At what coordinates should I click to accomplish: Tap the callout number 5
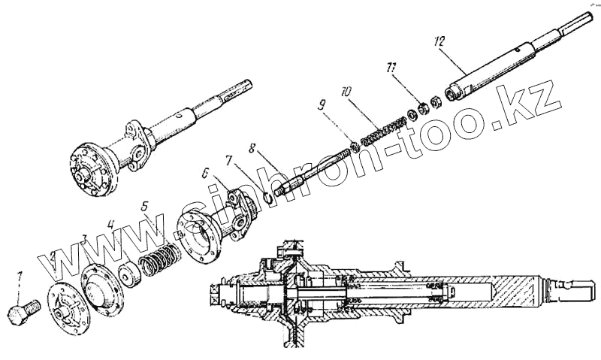(145, 204)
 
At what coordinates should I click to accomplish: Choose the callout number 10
(345, 92)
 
